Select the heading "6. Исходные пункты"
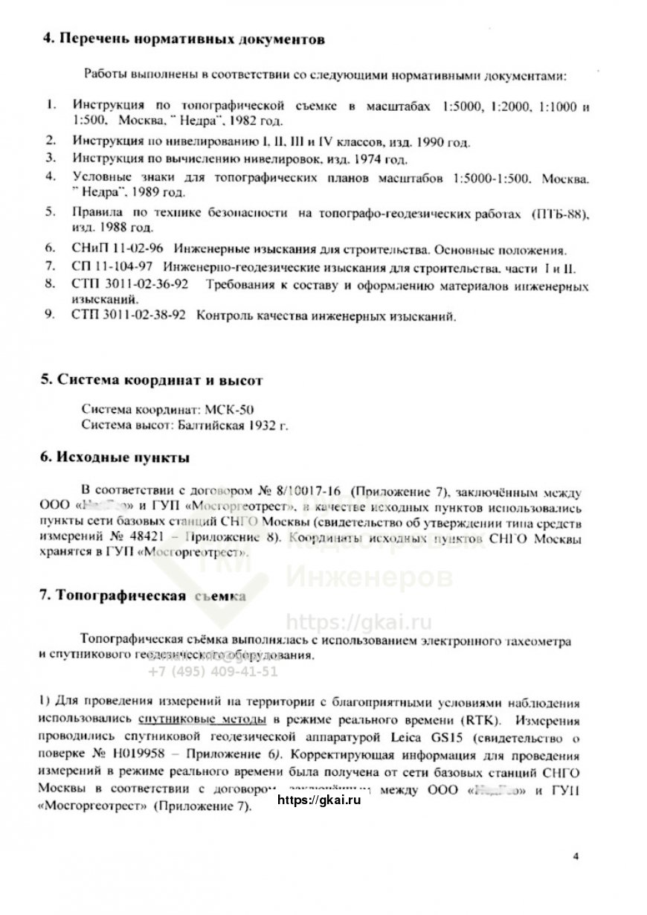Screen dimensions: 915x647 (x=115, y=457)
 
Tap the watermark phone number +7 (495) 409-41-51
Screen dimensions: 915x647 (x=213, y=671)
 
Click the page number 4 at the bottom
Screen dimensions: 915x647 (x=576, y=855)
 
